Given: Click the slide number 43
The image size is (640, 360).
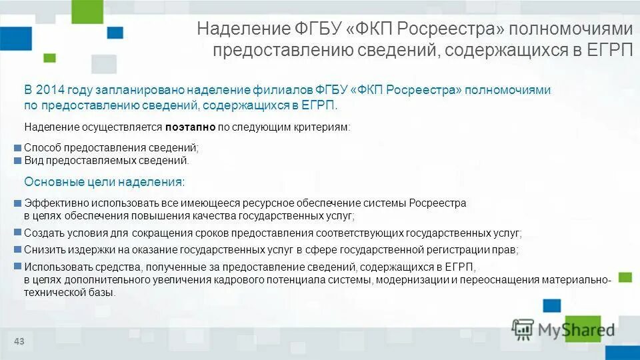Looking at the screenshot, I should [19, 342].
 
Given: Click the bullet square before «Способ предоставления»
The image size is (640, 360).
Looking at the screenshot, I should [18, 148].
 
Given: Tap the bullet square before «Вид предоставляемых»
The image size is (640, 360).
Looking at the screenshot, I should [18, 161].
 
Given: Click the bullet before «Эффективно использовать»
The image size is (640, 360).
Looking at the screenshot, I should [18, 203].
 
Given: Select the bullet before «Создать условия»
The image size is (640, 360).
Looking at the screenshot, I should [18, 233].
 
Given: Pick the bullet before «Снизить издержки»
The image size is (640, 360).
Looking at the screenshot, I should [18, 249].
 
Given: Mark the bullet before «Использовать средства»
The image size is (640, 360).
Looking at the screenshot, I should [18, 266].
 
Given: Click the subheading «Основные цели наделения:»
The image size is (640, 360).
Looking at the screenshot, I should [105, 182].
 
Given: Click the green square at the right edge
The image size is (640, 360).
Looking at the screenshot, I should [625, 277].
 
